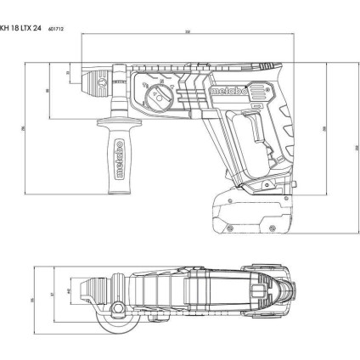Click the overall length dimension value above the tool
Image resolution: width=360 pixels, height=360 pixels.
pyautogui.click(x=187, y=33)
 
